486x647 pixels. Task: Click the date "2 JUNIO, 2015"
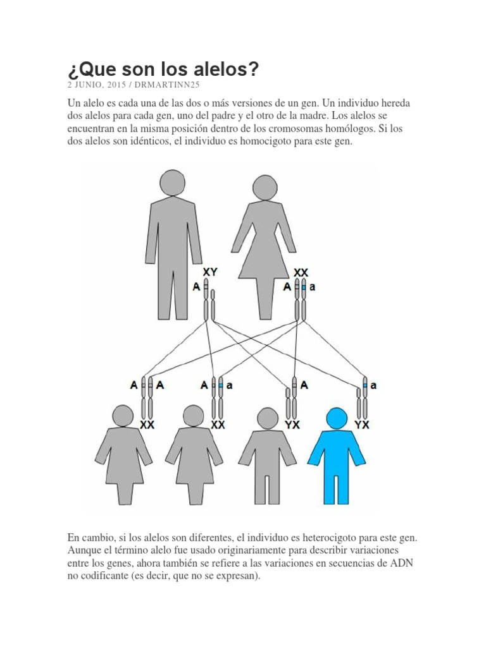[97, 85]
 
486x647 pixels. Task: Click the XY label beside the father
[211, 272]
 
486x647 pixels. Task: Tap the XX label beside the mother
[301, 272]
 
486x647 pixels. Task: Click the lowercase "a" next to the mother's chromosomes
[311, 286]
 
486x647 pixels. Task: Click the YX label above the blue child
[362, 425]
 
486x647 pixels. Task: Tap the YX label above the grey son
[292, 425]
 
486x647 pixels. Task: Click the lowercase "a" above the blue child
[373, 386]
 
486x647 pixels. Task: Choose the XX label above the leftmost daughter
[147, 425]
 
